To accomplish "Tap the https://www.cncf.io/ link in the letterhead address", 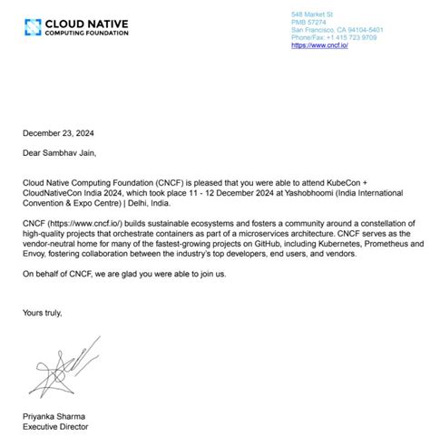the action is tap(319, 45).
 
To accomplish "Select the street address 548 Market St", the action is tap(312, 15).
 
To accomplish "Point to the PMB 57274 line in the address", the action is tap(308, 23).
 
